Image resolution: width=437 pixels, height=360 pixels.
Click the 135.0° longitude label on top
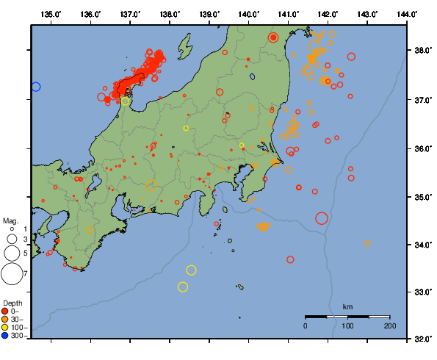click(51, 14)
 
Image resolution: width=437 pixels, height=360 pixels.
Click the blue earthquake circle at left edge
click(35, 87)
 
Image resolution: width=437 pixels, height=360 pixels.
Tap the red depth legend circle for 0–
click(5, 311)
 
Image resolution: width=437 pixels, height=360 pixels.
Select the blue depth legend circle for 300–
click(5, 336)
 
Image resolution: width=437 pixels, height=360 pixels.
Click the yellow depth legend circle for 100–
click(5, 328)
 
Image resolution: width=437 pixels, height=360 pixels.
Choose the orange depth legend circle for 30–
click(5, 319)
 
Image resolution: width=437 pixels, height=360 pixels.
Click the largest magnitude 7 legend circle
click(11, 274)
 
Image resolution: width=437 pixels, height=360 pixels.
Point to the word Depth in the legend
click(12, 303)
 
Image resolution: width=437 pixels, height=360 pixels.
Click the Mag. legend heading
click(10, 220)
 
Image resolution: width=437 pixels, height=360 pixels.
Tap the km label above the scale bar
click(347, 306)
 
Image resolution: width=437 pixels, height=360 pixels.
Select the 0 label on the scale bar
click(306, 325)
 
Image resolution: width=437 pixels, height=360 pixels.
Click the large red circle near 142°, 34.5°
click(322, 218)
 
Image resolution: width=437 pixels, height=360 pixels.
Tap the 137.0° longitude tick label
click(130, 14)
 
